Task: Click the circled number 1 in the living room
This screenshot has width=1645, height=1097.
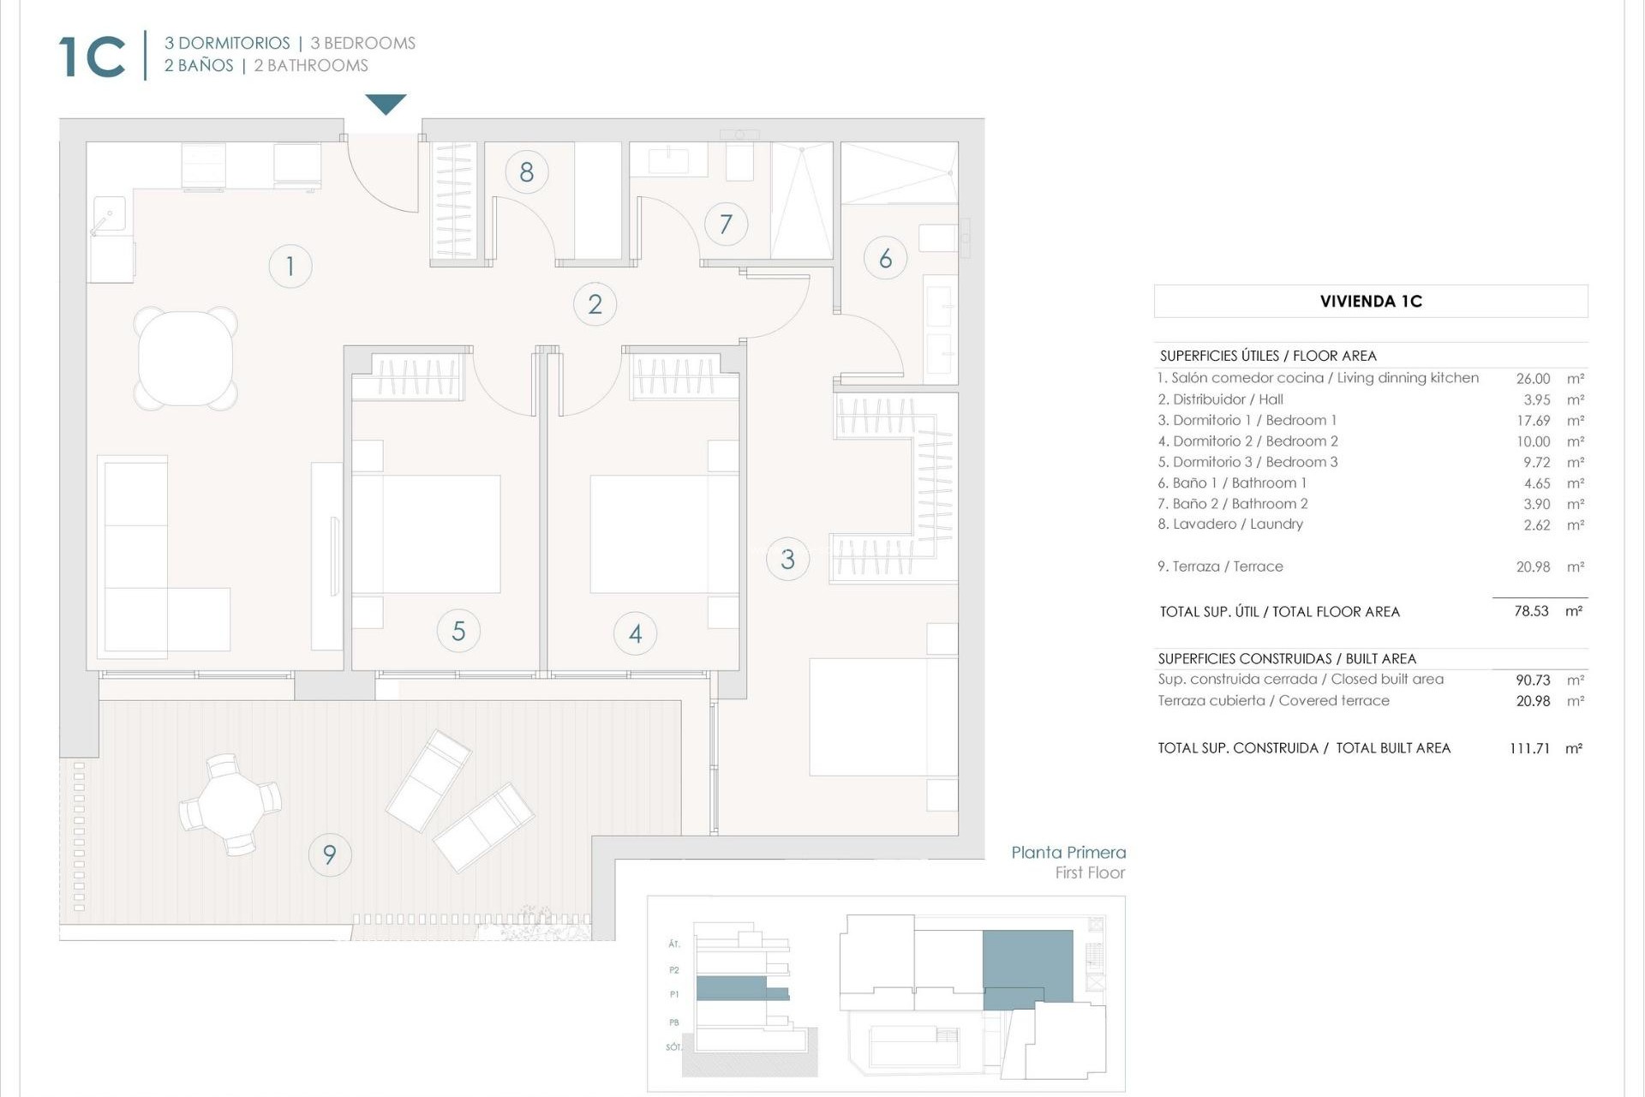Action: tap(290, 266)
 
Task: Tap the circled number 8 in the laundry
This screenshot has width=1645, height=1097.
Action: tap(526, 172)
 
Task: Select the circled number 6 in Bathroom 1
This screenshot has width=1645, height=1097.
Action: tap(885, 258)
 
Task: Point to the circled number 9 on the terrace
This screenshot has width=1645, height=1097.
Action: tap(329, 854)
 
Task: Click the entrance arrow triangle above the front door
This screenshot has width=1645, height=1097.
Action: tap(386, 104)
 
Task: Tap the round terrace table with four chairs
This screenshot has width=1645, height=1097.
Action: tap(230, 805)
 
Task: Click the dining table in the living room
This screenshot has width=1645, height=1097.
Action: tap(185, 357)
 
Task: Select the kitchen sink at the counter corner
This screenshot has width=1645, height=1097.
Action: tap(110, 214)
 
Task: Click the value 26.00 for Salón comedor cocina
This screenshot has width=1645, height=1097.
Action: tap(1533, 379)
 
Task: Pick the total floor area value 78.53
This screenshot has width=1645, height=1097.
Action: tap(1531, 612)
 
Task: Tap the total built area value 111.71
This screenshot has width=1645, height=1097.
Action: tap(1529, 748)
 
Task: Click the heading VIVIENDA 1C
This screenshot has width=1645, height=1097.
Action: tap(1371, 302)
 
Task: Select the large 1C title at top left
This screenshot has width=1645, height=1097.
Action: tap(93, 57)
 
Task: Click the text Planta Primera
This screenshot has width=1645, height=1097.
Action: tap(1068, 853)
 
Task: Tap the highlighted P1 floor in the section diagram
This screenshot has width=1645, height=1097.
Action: tap(740, 989)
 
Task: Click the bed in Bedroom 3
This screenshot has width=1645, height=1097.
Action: tap(882, 716)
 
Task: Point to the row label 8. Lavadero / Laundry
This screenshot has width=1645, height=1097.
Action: tap(1230, 525)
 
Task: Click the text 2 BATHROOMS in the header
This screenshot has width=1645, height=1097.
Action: tap(311, 66)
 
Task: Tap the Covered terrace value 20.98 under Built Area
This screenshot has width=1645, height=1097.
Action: tap(1533, 701)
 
